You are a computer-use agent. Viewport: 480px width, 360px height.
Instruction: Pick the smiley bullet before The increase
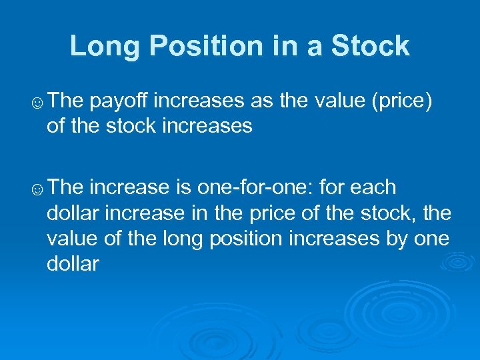38,189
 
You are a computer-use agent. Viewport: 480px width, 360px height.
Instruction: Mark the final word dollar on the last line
73,264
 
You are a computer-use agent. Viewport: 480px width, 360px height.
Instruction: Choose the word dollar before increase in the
73,213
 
